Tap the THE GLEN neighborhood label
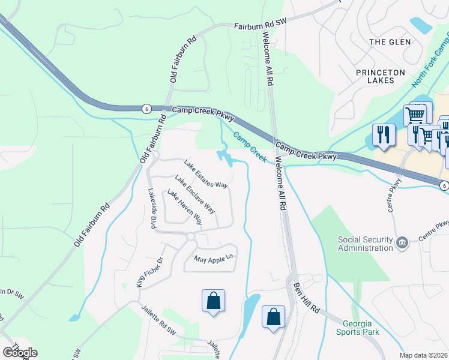coord(390,42)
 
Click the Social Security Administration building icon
coord(403,242)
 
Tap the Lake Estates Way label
coord(206,174)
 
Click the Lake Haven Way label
coord(184,207)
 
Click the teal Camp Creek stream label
coord(249,147)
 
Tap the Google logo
coord(20,352)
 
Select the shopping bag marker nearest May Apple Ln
coord(214,301)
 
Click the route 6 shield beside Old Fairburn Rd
coord(146,109)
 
